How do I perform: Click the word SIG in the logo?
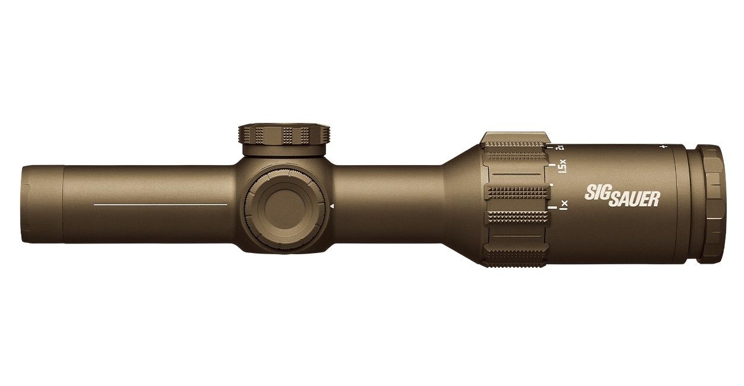598,194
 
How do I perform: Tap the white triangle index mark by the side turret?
333,206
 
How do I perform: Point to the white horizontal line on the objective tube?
160,204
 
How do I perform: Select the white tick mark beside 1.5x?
552,166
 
